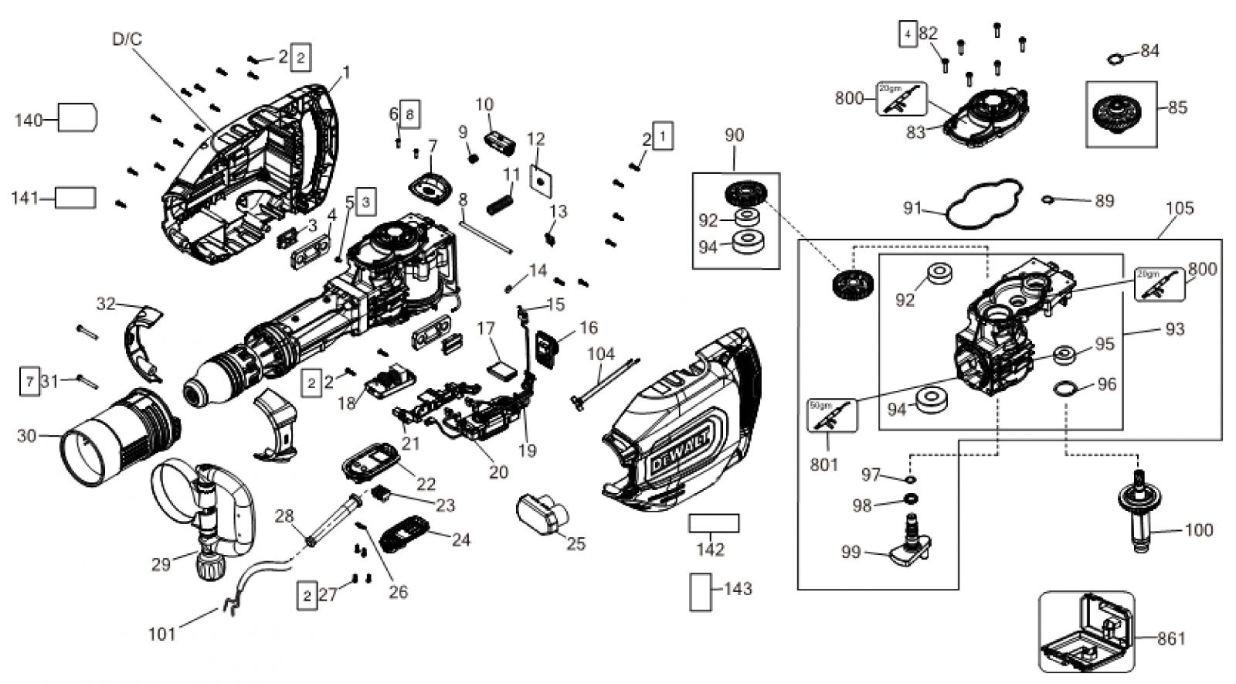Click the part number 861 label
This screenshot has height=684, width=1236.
click(x=1171, y=638)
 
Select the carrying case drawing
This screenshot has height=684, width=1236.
click(x=1085, y=633)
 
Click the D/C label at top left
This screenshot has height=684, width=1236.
click(x=127, y=39)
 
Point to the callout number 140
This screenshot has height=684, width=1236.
click(x=29, y=120)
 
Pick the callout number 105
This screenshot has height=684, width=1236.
click(x=1180, y=208)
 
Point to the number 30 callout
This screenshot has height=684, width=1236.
click(x=26, y=436)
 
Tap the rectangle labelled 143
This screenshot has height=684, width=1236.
click(x=700, y=592)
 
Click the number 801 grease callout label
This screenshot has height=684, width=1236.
click(x=823, y=465)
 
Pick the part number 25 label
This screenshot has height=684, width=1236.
click(x=576, y=544)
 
